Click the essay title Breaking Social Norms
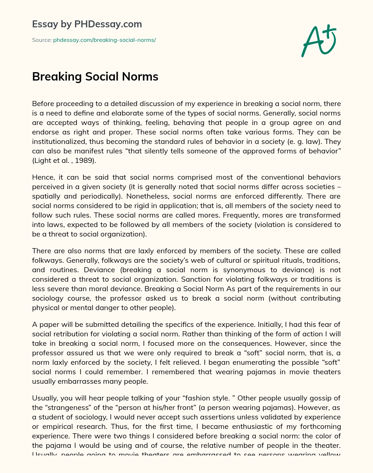[x=95, y=77]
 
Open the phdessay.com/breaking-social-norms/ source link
[x=105, y=40]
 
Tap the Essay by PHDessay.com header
[x=87, y=24]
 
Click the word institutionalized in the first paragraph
[x=57, y=142]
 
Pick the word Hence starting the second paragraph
[x=42, y=177]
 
